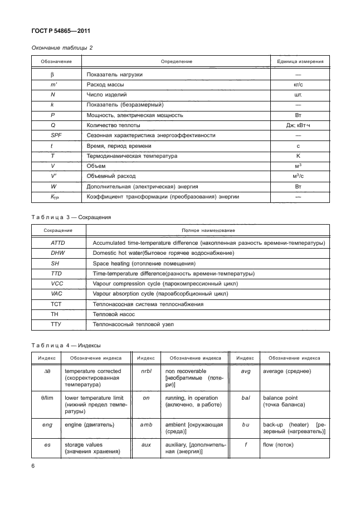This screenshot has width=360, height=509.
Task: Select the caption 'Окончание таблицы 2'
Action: (61, 48)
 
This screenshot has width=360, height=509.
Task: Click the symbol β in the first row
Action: (52, 75)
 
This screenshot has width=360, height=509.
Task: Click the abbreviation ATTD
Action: (59, 243)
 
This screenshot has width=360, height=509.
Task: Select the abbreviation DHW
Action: (57, 253)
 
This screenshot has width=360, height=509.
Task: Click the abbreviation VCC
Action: (57, 284)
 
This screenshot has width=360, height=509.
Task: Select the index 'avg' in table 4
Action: (245, 371)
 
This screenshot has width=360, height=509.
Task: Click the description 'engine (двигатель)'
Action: (90, 425)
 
